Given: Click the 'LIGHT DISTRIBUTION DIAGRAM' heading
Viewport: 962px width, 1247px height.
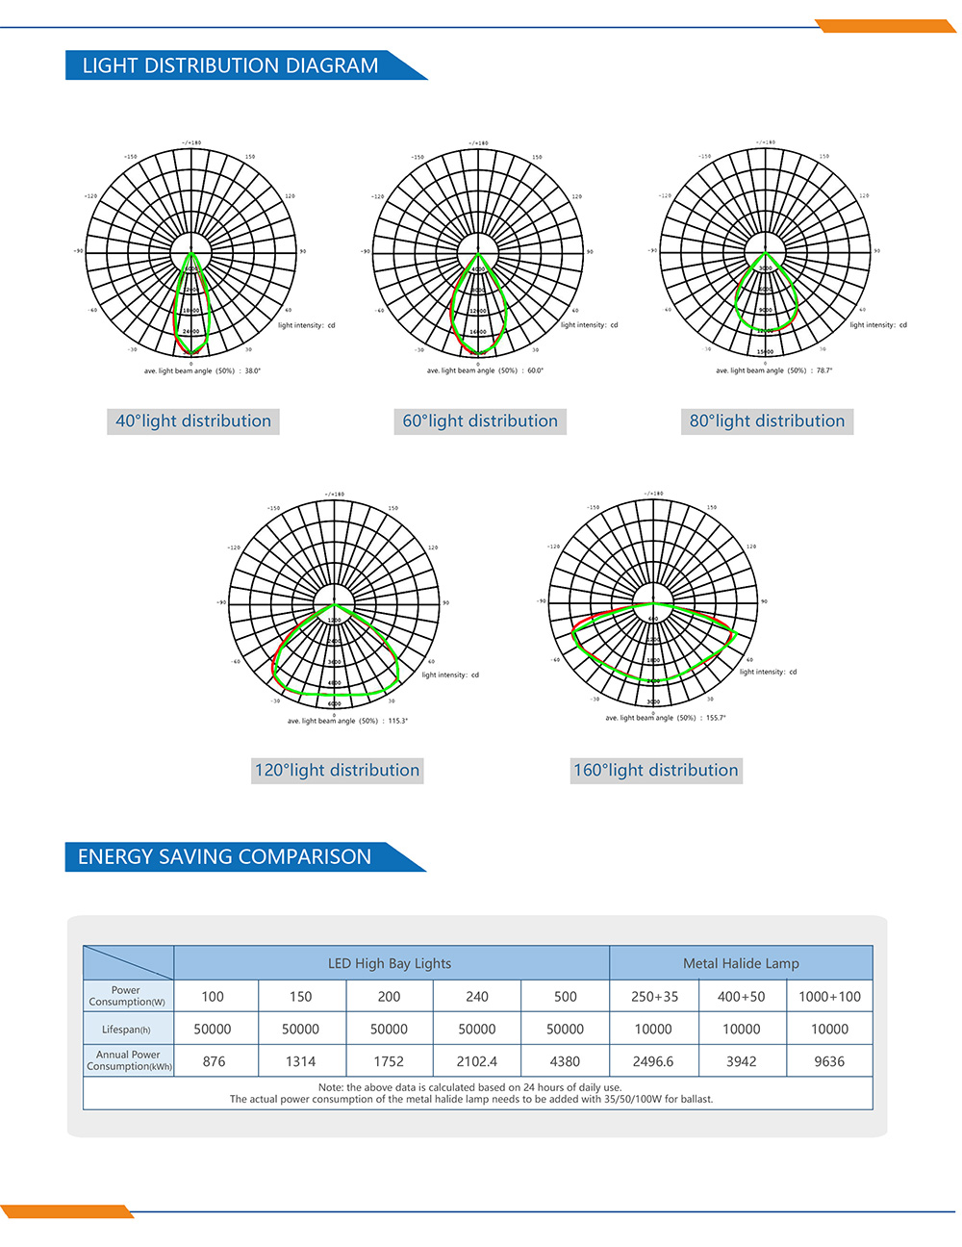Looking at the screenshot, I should (230, 65).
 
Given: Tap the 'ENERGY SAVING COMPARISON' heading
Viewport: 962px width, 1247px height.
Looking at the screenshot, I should (224, 856).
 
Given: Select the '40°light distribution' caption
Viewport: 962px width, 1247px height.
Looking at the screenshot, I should (193, 421).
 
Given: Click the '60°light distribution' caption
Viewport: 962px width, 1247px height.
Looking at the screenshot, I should (480, 421).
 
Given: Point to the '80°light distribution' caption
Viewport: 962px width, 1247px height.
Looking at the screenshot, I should (767, 421).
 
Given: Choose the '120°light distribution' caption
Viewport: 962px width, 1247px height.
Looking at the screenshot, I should (337, 771).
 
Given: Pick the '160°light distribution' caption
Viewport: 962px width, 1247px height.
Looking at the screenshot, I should (656, 771).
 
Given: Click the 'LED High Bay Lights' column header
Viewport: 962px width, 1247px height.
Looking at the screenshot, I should (390, 963).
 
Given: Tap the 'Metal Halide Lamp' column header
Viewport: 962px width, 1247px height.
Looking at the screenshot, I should (741, 963).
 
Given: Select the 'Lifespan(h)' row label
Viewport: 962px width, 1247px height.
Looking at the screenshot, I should (127, 1030).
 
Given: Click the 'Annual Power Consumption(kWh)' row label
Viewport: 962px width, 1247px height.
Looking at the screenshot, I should (129, 1060).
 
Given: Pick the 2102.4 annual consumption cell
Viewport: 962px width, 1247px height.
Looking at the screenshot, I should (477, 1061).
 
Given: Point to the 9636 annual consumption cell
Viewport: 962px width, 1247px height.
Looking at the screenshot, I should (829, 1061).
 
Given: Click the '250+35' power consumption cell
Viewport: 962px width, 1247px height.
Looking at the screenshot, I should (654, 997).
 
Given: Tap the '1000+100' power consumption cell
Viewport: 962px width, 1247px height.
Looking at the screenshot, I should (829, 997).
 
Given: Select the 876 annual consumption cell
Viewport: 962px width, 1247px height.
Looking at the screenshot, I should (214, 1061).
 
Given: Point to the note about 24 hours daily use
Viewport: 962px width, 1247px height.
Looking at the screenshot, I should (470, 1087).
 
